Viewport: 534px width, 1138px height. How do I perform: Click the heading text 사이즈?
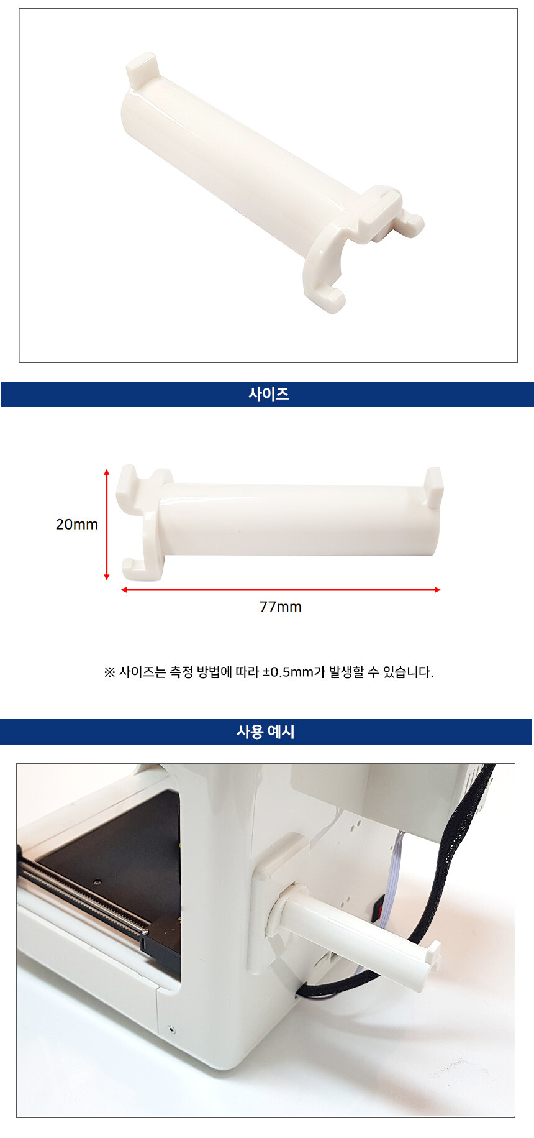point(268,394)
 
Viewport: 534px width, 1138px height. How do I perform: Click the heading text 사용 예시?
point(266,732)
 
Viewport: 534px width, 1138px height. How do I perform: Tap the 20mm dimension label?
point(77,524)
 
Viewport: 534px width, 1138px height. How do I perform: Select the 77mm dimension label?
point(281,607)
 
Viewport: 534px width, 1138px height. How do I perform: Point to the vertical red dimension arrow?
point(107,525)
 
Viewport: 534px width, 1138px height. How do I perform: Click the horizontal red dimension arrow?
point(281,589)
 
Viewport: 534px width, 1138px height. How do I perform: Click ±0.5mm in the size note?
point(287,672)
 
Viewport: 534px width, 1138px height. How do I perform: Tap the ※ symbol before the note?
point(109,672)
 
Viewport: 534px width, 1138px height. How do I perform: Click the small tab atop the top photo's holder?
point(141,70)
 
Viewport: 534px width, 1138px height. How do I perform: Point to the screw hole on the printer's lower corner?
point(172,1030)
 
